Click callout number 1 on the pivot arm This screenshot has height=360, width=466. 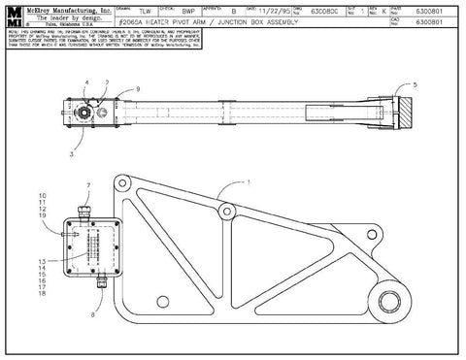click(x=248, y=181)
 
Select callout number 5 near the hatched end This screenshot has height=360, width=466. click(x=416, y=84)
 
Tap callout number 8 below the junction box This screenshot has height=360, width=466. click(x=92, y=316)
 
